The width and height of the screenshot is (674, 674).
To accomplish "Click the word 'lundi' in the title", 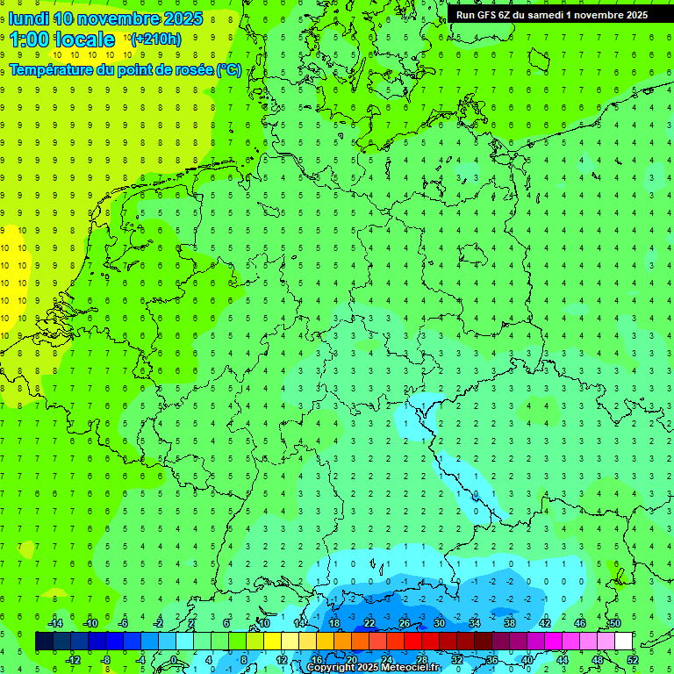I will (29, 18).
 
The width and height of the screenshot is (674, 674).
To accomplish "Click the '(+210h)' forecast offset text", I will (155, 39).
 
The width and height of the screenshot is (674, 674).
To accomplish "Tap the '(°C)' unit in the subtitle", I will (229, 70).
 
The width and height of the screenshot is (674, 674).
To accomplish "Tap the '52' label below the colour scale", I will (633, 659).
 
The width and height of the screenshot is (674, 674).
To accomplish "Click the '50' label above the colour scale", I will (615, 623).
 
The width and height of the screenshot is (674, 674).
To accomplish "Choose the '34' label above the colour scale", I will (475, 623).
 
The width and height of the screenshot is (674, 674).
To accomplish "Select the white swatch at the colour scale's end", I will (624, 642).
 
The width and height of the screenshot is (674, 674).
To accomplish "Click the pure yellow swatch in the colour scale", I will (273, 642).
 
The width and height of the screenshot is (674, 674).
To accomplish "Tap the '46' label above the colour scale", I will (580, 623).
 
